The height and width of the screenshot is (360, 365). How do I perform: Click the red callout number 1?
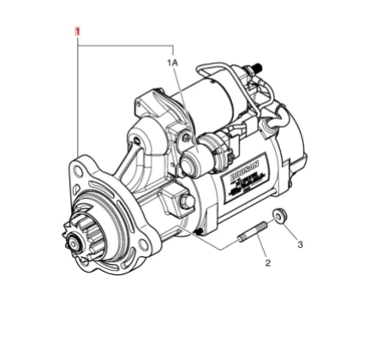78,33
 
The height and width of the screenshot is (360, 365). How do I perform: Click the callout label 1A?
172,63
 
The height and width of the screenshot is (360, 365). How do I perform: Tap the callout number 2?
266,262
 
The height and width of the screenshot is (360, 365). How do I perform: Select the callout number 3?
300,244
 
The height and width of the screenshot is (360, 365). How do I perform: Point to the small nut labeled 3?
279,214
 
